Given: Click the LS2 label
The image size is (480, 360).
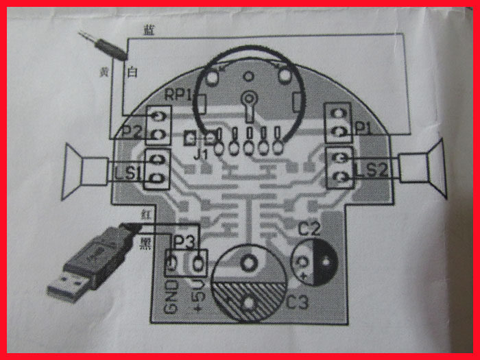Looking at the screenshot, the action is tap(373, 169).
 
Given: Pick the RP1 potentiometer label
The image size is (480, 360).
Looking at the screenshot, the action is tap(177, 94).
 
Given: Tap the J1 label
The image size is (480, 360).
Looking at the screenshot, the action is tap(201, 154).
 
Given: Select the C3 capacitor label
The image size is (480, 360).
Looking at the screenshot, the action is tap(297, 300).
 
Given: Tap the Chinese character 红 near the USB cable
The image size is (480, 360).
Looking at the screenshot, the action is tap(145, 215).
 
